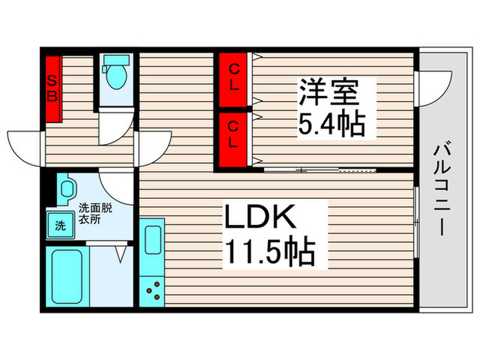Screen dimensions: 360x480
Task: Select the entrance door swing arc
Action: coord(26,145)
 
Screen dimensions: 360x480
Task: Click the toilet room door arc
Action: coord(115,130)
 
